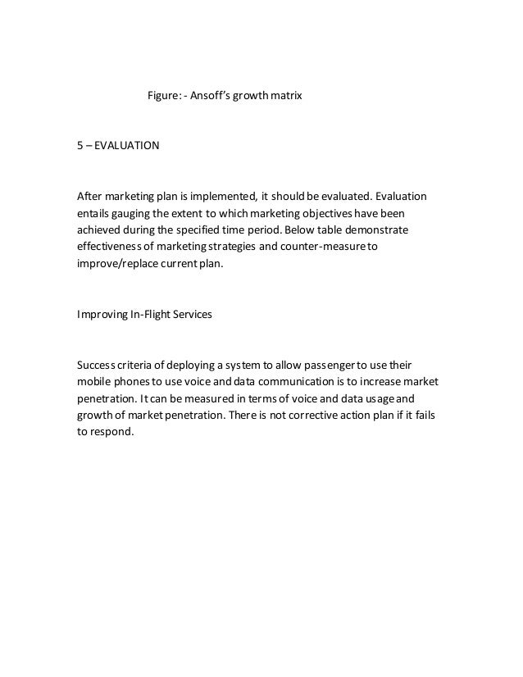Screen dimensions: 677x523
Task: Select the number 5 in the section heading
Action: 80,148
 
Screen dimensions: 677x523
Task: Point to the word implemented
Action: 216,198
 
